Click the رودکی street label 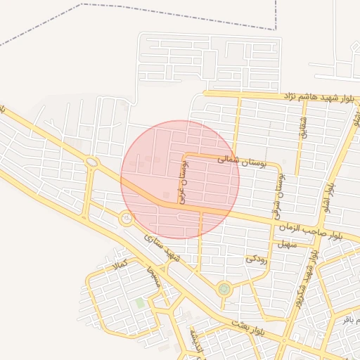[257, 259]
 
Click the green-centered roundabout [224, 288]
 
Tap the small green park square [140, 303]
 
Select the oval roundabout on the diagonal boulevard [92, 163]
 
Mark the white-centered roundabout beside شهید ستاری [127, 219]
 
